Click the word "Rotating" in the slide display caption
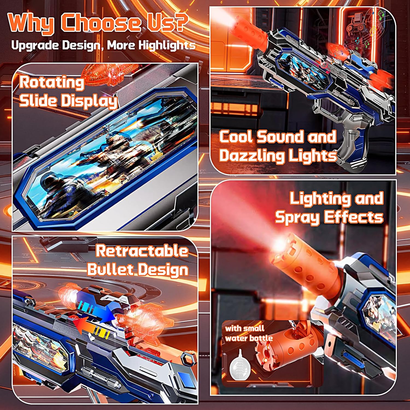pos(51,83)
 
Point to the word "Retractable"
pos(142,251)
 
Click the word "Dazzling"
pos(251,156)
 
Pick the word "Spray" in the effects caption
pos(297,218)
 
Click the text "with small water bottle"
pos(248,333)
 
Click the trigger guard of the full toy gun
pos(323,109)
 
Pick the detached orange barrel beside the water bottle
pos(282,353)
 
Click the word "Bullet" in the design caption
pos(111,270)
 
